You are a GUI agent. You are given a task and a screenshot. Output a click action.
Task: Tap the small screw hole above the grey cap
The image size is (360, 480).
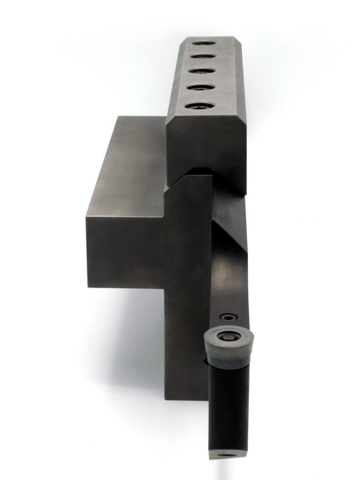coord(228,318)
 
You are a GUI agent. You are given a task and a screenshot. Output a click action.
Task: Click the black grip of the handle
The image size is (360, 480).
coord(229,402)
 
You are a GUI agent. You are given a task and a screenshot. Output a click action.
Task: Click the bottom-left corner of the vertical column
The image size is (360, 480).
coord(166,398)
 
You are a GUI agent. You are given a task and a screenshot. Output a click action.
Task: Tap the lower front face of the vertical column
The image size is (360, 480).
coord(185,344)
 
